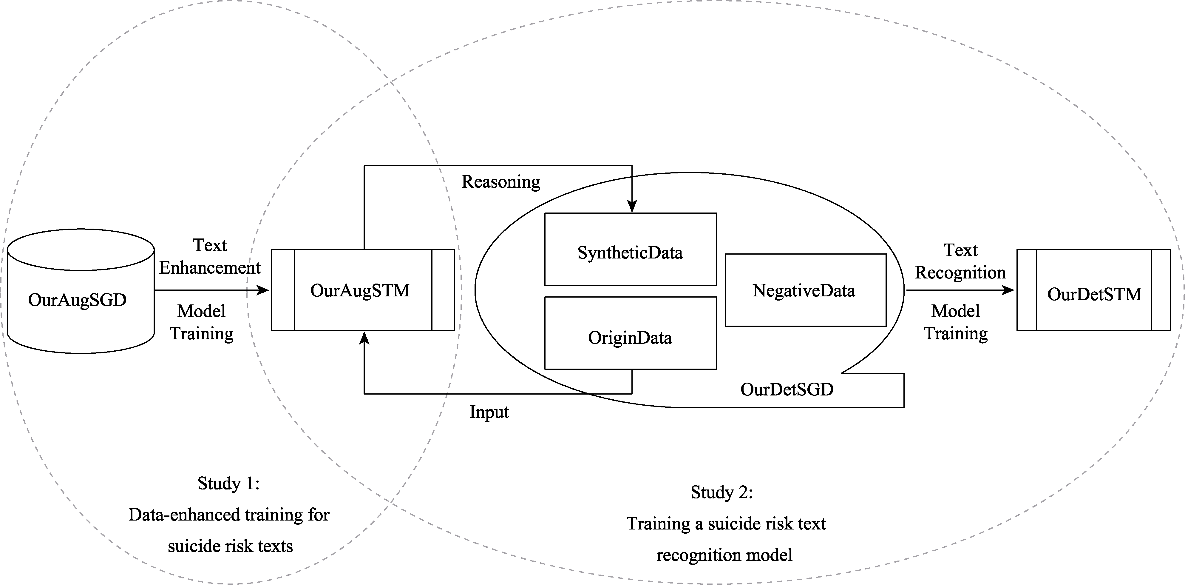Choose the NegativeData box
tap(805, 290)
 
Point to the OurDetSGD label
tap(787, 390)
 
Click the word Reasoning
tap(500, 182)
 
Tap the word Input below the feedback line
tap(489, 412)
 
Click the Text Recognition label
tap(960, 261)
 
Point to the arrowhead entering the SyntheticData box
tap(632, 207)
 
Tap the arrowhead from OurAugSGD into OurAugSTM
tap(263, 290)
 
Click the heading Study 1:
tap(229, 483)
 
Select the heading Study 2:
tap(721, 492)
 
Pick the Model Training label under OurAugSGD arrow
tap(202, 322)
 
